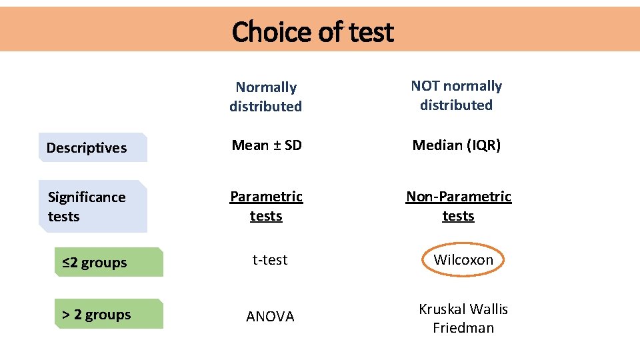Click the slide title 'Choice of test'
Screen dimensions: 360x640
point(313,31)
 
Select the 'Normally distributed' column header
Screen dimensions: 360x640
point(265,97)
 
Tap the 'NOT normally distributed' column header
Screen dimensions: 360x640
point(457,95)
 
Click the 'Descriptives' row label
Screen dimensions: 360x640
point(87,148)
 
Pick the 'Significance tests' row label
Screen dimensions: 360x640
point(87,207)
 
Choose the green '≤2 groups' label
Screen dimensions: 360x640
point(95,263)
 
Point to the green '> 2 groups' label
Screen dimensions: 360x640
point(97,315)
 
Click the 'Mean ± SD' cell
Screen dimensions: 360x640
point(267,145)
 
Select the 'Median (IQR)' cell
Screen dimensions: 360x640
point(457,145)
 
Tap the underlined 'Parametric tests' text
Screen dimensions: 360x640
point(266,206)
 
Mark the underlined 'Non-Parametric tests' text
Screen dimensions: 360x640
point(459,206)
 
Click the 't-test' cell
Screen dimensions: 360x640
point(270,260)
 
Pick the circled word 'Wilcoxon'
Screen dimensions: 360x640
point(463,260)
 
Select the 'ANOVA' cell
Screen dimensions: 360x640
point(270,317)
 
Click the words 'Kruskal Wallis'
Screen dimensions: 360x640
point(463,309)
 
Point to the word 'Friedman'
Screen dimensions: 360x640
point(463,328)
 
